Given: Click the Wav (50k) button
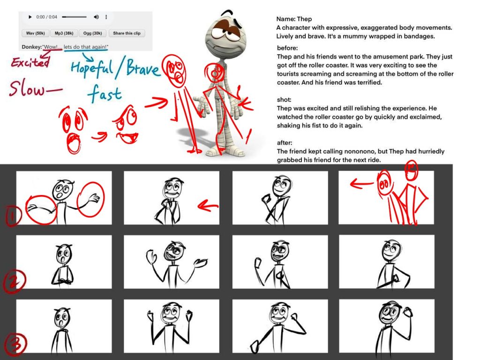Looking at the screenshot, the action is (x=36, y=33).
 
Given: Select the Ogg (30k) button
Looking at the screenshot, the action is (x=92, y=33).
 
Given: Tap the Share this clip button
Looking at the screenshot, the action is (x=127, y=33).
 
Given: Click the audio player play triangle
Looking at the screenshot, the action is (x=30, y=17).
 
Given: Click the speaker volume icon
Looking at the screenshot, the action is (x=96, y=17).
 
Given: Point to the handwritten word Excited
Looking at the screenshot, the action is (x=30, y=62).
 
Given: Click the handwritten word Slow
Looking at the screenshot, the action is (x=27, y=89).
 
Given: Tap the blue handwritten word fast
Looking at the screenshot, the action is (x=105, y=93).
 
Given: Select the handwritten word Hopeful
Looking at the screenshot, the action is (x=92, y=68).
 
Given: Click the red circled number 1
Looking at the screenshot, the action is (x=12, y=216).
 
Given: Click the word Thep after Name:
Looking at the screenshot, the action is (x=304, y=19).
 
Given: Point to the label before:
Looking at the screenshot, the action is (x=287, y=48).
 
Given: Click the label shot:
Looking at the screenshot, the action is (x=284, y=99).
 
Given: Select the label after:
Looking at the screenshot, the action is (x=285, y=142).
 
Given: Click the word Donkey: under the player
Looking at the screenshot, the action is (x=32, y=47).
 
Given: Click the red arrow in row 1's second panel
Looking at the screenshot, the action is (x=208, y=206).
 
